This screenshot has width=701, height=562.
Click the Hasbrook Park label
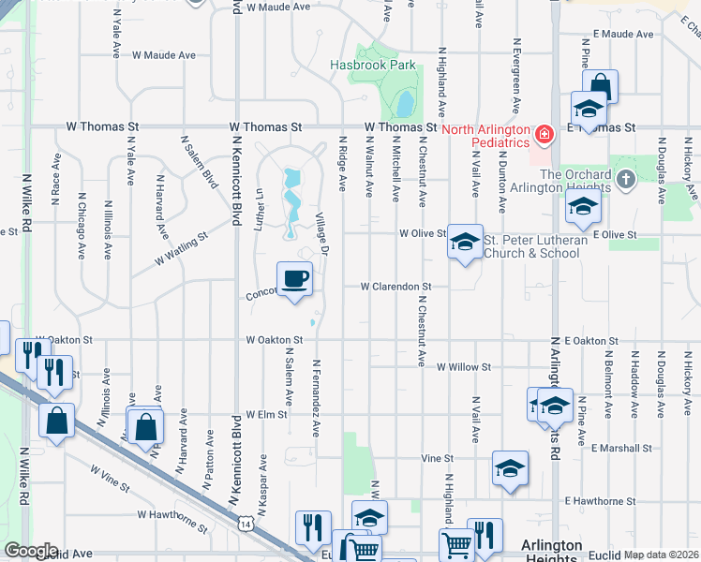372,66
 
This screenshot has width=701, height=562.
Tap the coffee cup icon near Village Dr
294,279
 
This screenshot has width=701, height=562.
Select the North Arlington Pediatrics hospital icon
542,136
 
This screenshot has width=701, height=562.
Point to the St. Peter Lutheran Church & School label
535,247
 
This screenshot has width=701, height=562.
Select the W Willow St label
464,368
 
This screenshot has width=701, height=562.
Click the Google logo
31,551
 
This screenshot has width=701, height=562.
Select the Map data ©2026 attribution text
661,555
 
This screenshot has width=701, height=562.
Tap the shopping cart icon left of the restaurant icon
456,542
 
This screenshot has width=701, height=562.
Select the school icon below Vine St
509,468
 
